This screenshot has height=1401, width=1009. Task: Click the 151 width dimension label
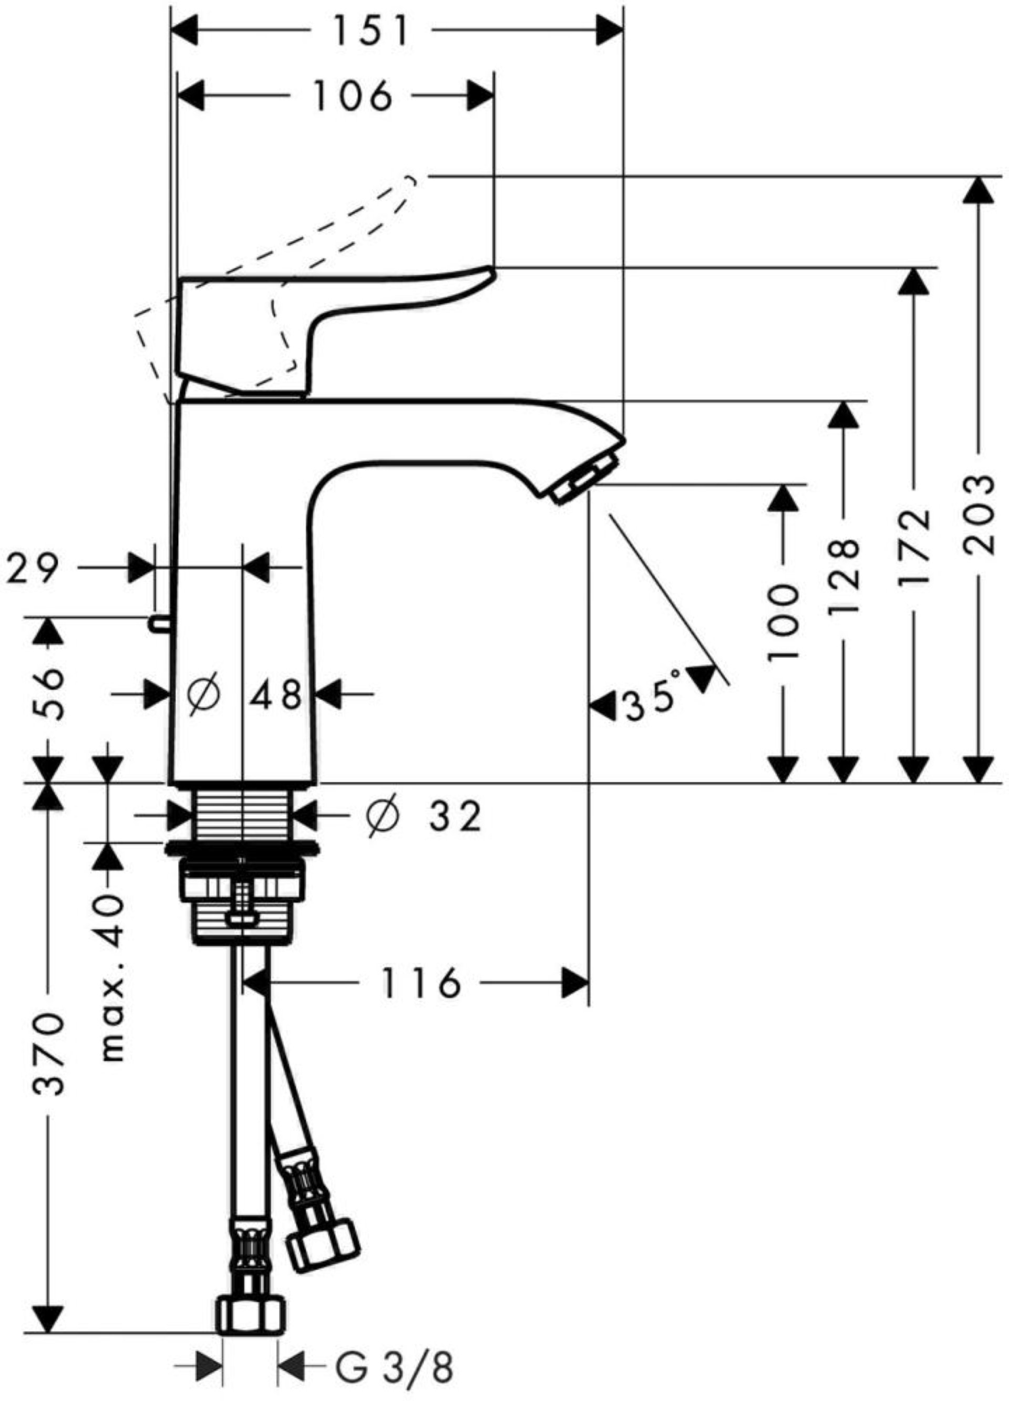click(x=370, y=31)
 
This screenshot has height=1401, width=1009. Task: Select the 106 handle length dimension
click(x=353, y=96)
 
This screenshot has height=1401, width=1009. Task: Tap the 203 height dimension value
click(x=979, y=514)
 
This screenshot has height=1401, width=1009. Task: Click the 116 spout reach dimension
click(x=421, y=983)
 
